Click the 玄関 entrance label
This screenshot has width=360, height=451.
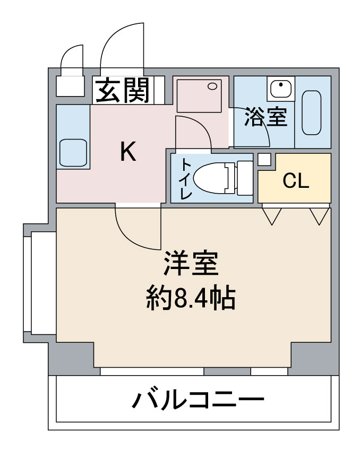click(x=123, y=90)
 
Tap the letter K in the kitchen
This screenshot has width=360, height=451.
click(x=128, y=152)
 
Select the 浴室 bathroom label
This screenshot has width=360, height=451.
click(x=266, y=117)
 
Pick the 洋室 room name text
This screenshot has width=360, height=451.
click(x=191, y=264)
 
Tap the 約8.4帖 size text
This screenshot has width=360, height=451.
click(x=191, y=298)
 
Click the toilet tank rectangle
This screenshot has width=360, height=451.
click(x=245, y=178)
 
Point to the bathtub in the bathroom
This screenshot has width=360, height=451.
click(x=312, y=112)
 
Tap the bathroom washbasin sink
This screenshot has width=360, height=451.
click(x=281, y=89)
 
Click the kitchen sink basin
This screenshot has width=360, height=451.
click(x=73, y=153)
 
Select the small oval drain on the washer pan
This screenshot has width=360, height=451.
click(x=213, y=86)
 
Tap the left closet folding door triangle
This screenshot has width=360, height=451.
click(x=272, y=216)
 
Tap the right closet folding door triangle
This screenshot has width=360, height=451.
click(x=319, y=216)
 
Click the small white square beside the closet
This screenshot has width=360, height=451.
click(x=264, y=160)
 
